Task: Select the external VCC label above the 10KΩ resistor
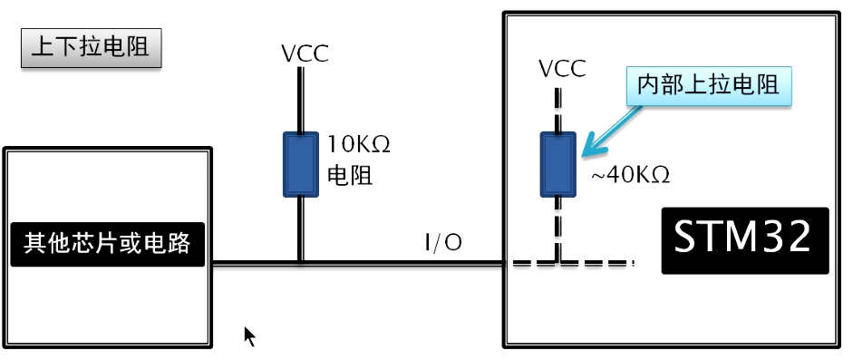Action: (305, 53)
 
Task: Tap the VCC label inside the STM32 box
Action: (561, 69)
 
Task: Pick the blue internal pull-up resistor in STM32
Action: (557, 164)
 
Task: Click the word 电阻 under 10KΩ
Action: (350, 176)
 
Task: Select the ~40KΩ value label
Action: (630, 175)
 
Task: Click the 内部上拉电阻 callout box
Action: (708, 87)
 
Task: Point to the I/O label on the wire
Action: (443, 242)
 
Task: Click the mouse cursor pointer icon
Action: (248, 336)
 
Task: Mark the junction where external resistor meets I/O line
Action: (299, 264)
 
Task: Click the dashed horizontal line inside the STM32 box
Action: (589, 264)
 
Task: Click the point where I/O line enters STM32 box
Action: (504, 264)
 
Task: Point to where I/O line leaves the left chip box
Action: (211, 264)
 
